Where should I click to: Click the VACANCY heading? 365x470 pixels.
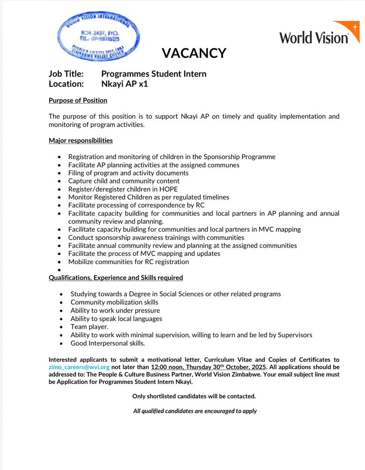coord(194,53)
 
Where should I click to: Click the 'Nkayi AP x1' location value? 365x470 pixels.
coord(125,84)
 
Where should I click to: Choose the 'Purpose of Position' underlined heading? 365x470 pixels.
coord(78,101)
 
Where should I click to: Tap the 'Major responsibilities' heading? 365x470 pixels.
coord(81,141)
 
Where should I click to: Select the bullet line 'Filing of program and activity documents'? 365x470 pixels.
coord(128,173)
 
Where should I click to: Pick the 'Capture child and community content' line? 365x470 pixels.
coord(124,181)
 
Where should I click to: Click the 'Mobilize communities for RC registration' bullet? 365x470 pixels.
coord(129,262)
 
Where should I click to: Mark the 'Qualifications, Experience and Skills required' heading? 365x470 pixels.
coord(116,278)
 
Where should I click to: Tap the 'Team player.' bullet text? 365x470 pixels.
coord(90,327)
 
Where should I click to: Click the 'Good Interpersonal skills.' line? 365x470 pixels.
coord(108,343)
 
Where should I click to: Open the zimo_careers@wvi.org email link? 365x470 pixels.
coord(79,367)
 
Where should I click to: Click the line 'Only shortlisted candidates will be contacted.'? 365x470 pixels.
coord(194,396)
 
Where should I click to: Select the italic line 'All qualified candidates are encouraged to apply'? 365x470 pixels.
coord(195,411)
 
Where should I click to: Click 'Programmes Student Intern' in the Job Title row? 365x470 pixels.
coord(154,74)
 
